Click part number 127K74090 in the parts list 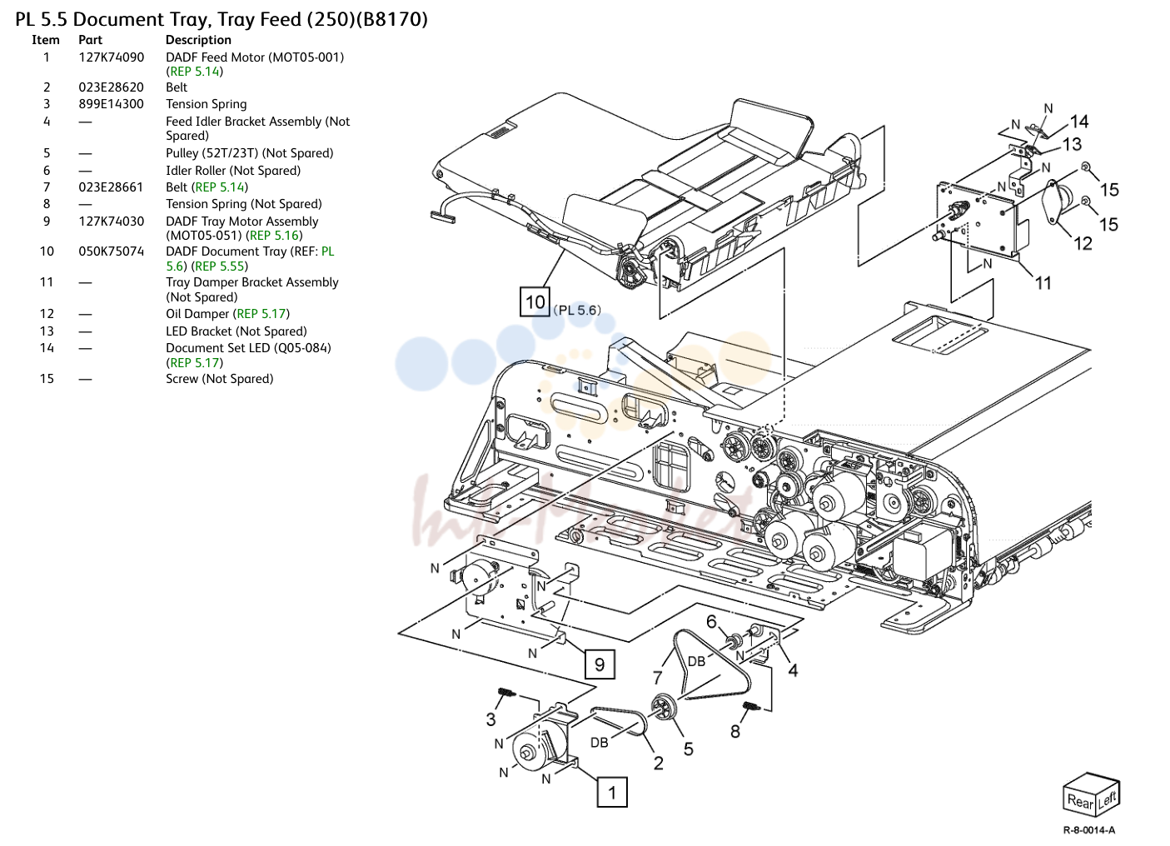pos(112,57)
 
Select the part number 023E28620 pos(111,87)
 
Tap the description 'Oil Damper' pos(197,314)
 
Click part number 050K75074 pos(112,251)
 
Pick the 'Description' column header pos(198,40)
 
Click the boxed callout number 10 pos(535,301)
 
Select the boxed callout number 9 pos(599,664)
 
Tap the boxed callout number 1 pos(612,792)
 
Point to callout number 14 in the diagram pos(1079,122)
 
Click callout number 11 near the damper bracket pos(1043,283)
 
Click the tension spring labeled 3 pos(505,693)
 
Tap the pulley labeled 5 pos(664,707)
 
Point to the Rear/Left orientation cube pos(1091,794)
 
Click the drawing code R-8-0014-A pos(1089,830)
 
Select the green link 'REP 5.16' pos(274,236)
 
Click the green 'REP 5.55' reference pos(219,266)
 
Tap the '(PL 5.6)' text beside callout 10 pos(577,311)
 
